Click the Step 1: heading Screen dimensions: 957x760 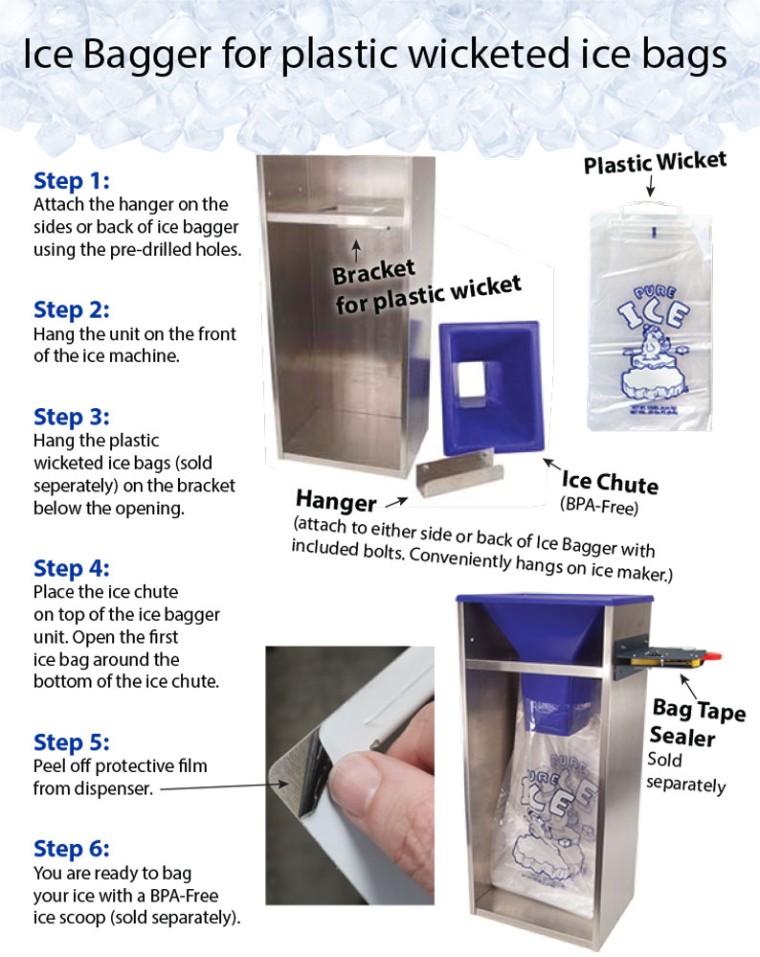72,181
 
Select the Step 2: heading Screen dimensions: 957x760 72,310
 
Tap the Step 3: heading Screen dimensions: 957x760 72,418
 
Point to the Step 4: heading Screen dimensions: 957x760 72,568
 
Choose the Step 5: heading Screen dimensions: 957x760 72,742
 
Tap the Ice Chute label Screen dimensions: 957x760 610,481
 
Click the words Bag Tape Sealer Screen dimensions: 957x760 693,721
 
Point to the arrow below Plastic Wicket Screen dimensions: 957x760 650,186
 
